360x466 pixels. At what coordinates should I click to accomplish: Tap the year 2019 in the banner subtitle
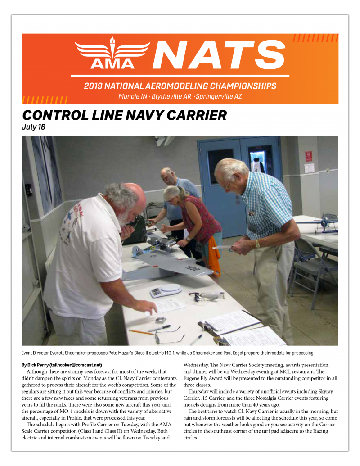click(94, 86)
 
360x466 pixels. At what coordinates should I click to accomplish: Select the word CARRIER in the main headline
click(189, 115)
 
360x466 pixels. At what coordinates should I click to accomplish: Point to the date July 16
click(34, 127)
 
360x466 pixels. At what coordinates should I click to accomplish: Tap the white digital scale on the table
click(166, 290)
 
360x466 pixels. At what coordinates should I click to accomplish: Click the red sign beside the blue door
click(309, 156)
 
